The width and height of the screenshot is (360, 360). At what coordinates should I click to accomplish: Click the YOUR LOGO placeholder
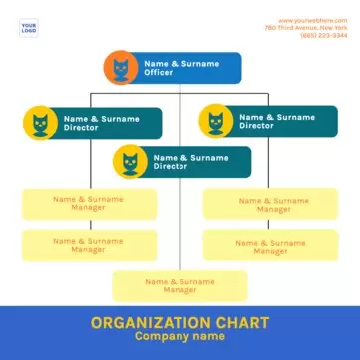[29, 28]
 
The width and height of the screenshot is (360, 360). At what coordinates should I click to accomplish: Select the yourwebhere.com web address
[312, 20]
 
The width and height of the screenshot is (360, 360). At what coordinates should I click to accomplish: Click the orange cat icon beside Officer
[121, 69]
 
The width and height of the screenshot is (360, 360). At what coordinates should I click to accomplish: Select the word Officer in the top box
[158, 73]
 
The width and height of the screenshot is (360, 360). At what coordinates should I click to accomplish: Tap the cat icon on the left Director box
[41, 123]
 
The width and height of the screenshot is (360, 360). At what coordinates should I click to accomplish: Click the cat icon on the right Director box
[216, 122]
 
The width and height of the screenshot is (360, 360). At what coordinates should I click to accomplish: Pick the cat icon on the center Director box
[130, 162]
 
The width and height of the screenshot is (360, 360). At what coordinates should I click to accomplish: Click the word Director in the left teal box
[81, 128]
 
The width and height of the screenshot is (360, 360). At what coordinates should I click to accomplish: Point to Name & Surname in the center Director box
[189, 157]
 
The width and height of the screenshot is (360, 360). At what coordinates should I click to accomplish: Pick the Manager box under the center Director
[180, 285]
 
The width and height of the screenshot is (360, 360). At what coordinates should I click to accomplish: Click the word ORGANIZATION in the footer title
[151, 322]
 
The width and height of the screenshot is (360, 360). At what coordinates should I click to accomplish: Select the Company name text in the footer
[180, 337]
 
